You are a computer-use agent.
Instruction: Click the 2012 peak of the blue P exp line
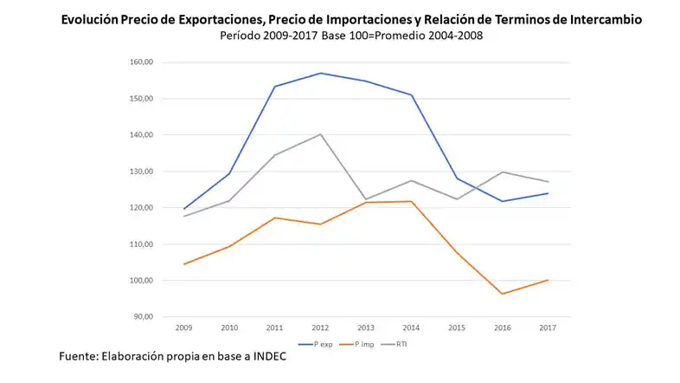(x=320, y=73)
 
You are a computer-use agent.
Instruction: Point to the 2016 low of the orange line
(x=503, y=294)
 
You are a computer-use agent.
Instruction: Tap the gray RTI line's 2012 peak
(x=320, y=134)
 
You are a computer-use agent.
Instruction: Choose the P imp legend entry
(x=358, y=344)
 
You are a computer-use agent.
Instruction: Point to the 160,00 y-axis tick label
(x=141, y=62)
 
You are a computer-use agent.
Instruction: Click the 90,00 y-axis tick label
(x=144, y=316)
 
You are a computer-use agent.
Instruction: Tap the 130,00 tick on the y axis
(x=141, y=172)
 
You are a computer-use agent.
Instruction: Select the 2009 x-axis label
(x=183, y=328)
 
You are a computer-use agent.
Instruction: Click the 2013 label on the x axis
(x=366, y=328)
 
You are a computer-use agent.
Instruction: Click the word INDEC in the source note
(x=264, y=357)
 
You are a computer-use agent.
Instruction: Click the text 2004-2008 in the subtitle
(x=452, y=36)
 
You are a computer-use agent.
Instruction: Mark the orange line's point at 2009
(x=183, y=264)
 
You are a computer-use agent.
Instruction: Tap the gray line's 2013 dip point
(x=366, y=199)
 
